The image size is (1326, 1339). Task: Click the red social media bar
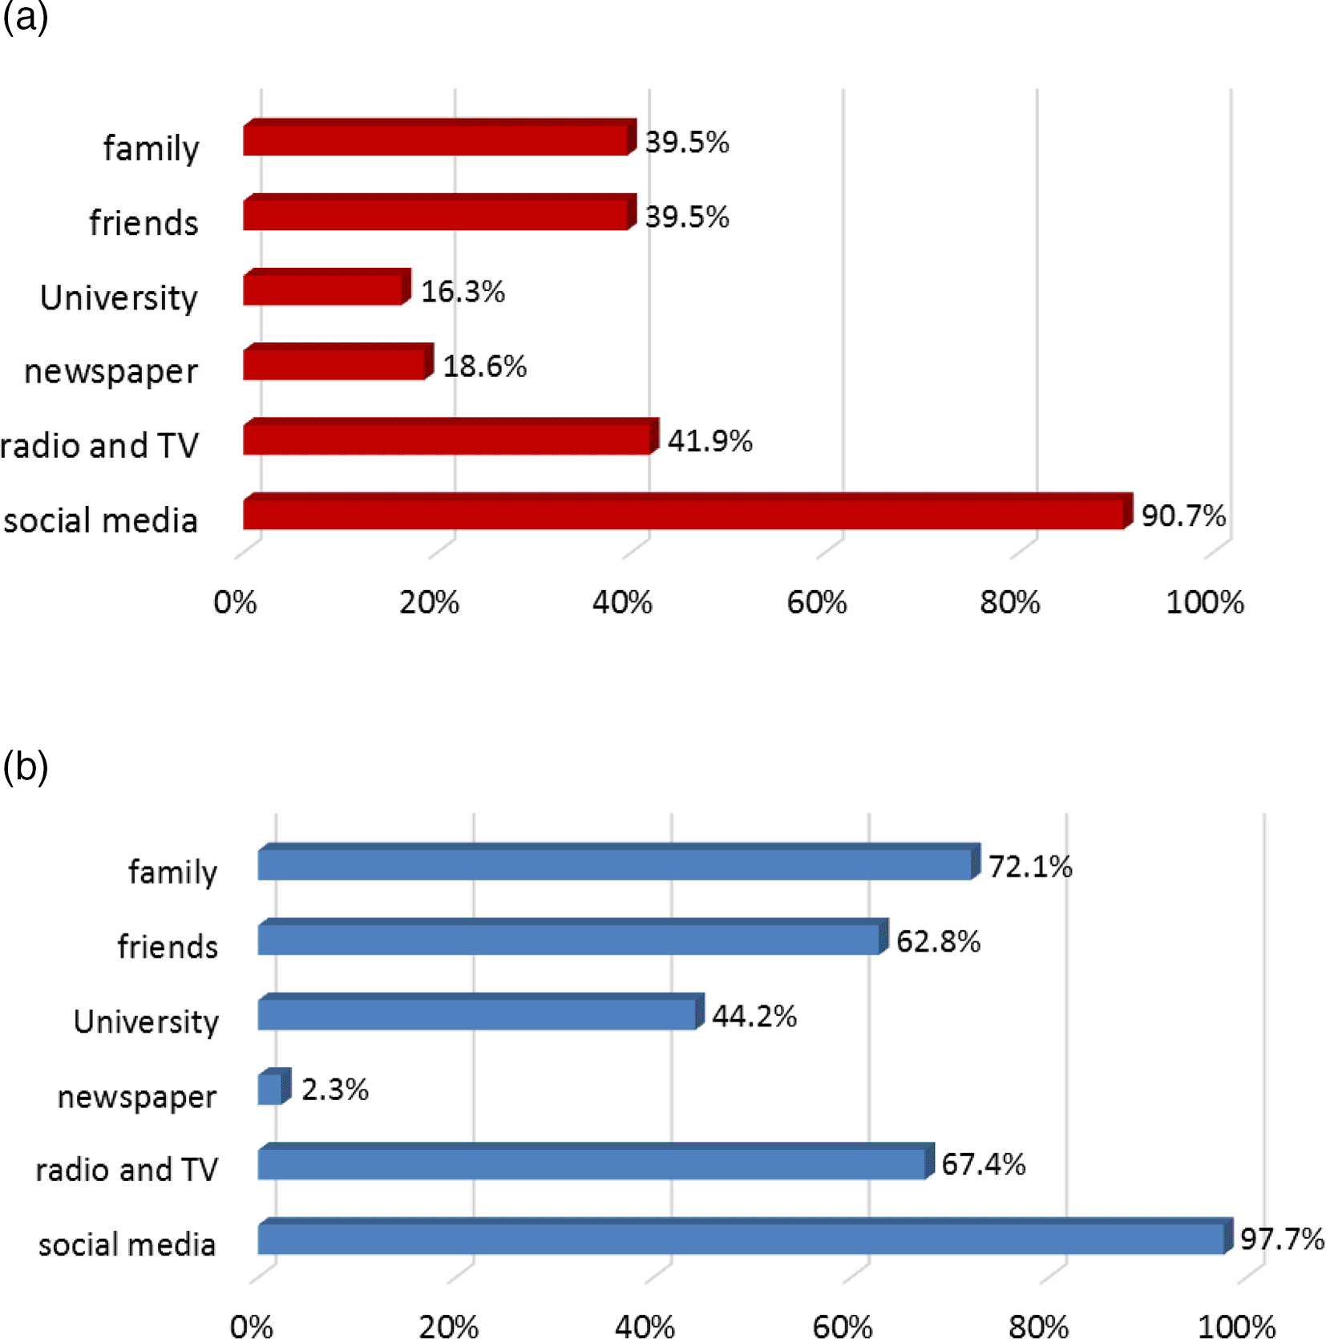[685, 513]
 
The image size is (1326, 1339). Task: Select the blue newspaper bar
[272, 1088]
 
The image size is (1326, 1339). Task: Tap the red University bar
[325, 289]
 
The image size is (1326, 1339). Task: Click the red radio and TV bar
[449, 438]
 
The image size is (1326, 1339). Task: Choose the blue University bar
[479, 1013]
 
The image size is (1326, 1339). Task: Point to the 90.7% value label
[1183, 516]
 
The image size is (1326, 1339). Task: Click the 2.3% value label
[334, 1089]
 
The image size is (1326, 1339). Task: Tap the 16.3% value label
[463, 291]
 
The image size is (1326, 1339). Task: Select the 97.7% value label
[1281, 1239]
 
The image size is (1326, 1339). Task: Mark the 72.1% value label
[1029, 866]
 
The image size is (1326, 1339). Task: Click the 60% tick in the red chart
[816, 602]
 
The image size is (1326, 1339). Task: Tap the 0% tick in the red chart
[235, 602]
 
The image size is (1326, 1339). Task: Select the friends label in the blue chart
[168, 947]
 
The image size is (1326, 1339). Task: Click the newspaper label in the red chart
[111, 371]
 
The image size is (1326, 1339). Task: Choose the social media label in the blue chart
[127, 1244]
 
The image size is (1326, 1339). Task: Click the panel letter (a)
[25, 16]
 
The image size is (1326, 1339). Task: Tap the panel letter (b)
[25, 767]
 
